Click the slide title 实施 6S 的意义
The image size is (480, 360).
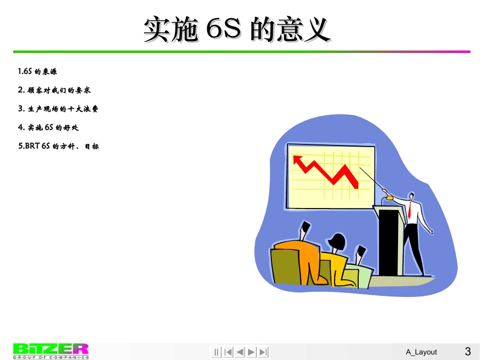[237, 29]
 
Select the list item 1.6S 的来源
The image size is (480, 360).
[37, 72]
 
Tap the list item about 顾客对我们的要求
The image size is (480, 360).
[54, 90]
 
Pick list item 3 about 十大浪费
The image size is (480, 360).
[58, 109]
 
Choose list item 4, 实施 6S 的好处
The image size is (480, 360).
[49, 128]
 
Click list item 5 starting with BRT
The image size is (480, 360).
[58, 146]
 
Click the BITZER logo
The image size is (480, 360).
[51, 351]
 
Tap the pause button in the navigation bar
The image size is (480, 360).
[216, 352]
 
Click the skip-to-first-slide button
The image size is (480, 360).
[228, 352]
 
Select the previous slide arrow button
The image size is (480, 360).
[240, 352]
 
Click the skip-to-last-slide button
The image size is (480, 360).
[263, 352]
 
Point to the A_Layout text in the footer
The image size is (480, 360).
[421, 352]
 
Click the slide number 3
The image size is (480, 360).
[467, 351]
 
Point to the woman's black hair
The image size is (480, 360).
[338, 240]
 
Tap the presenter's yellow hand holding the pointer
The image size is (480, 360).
[390, 198]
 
